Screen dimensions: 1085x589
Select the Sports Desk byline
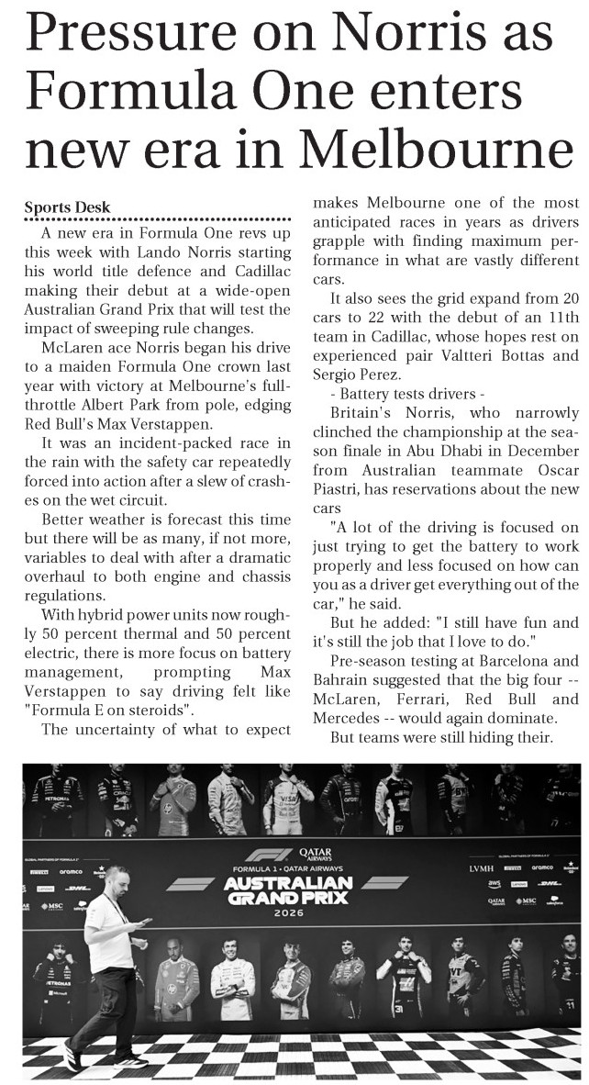click(x=67, y=207)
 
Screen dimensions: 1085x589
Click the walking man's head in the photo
click(x=117, y=877)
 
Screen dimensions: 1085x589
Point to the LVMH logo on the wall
click(x=482, y=867)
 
